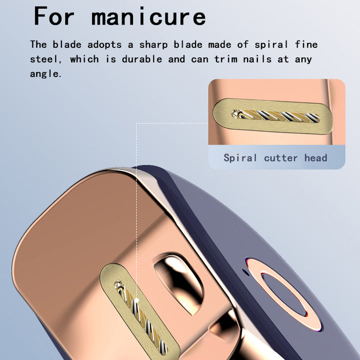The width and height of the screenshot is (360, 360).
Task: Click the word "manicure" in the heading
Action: [148, 16]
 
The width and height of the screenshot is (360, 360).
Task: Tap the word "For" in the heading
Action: [54, 16]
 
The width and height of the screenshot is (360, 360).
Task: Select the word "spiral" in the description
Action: [271, 45]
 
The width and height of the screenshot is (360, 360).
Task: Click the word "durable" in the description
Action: [142, 59]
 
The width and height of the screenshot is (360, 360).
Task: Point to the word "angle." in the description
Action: [46, 74]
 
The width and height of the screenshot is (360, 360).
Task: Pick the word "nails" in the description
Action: [257, 59]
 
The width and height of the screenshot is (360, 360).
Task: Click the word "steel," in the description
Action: [46, 59]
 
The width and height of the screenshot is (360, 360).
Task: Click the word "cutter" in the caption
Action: [281, 158]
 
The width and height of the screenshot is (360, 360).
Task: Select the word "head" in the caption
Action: [315, 157]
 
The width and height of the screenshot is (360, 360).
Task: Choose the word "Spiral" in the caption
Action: [240, 158]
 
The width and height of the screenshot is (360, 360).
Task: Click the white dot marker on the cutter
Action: [136, 300]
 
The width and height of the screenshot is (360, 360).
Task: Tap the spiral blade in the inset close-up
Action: [275, 115]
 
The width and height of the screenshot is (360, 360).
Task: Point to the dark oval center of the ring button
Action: [284, 294]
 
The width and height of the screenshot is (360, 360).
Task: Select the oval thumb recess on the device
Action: [178, 282]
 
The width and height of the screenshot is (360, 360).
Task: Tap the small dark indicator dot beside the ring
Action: [245, 272]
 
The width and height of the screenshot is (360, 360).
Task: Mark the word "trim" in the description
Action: [226, 59]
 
